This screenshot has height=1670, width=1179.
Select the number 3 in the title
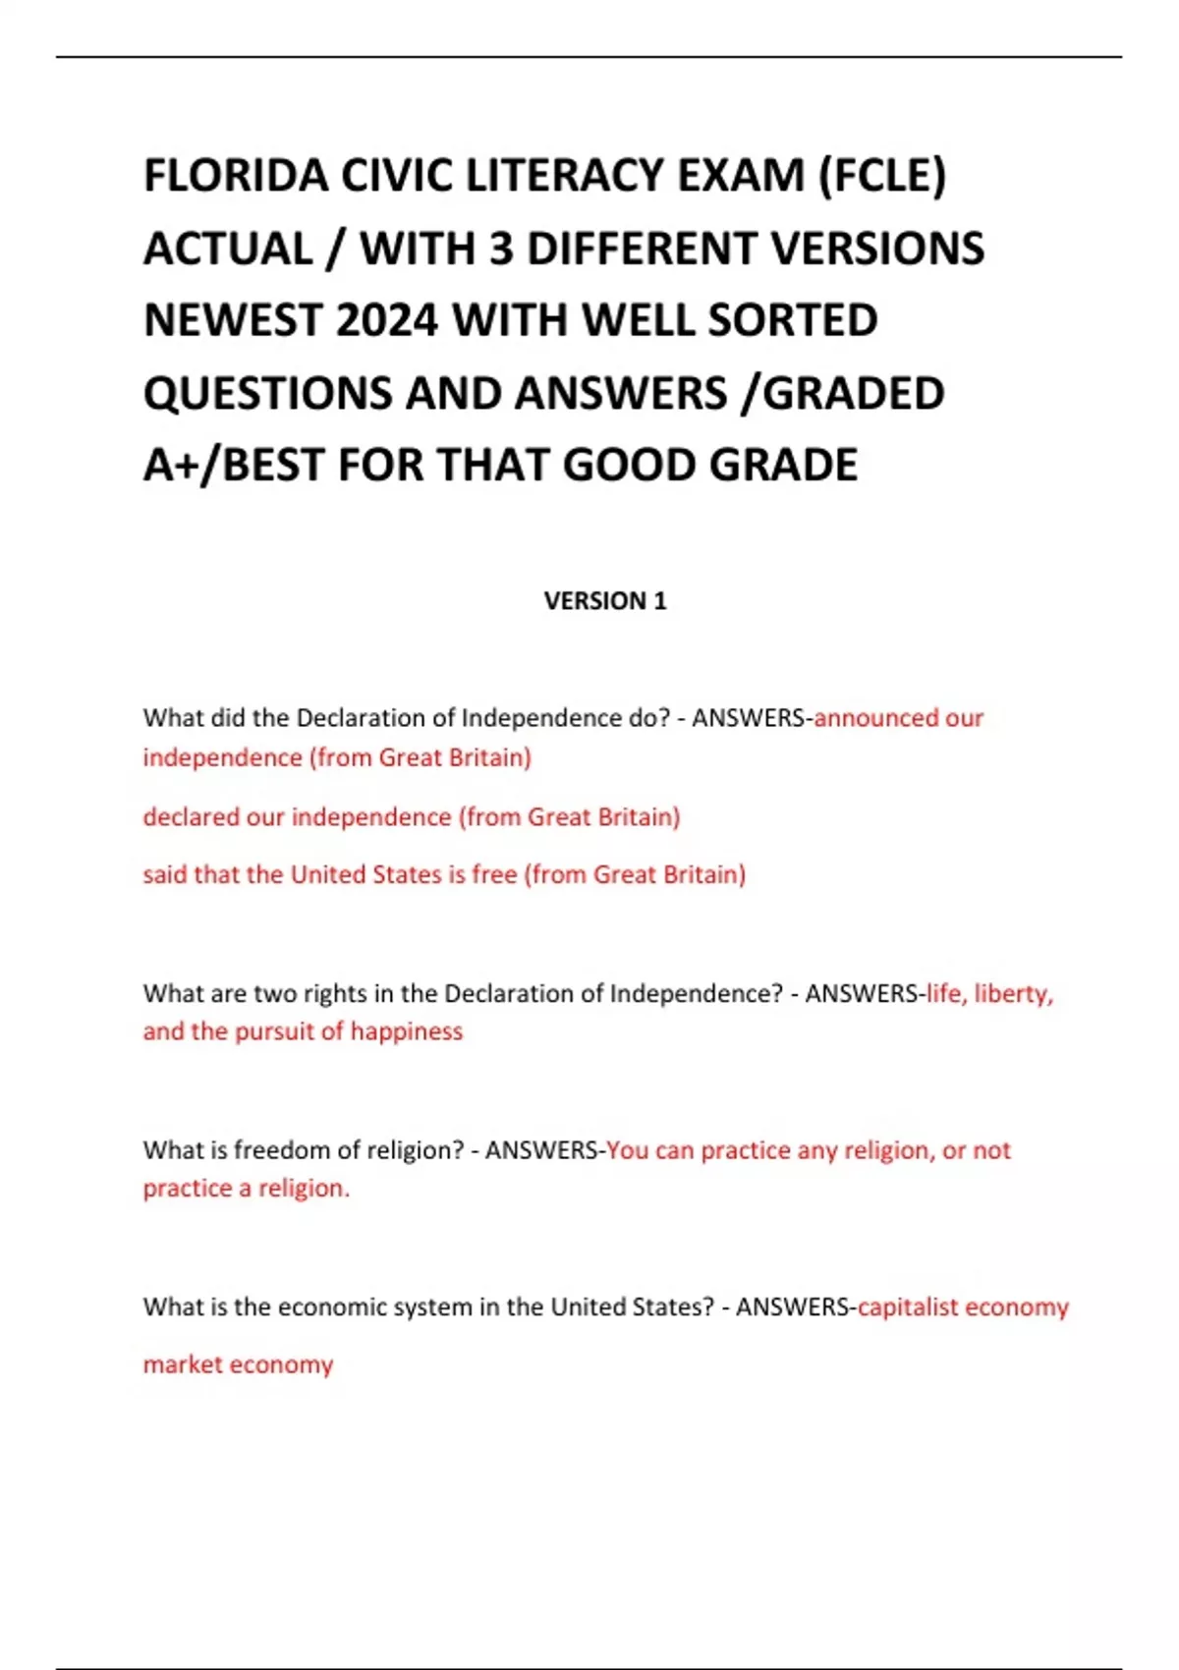501,249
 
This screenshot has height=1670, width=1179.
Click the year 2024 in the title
387,320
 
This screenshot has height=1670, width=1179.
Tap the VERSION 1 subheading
605,601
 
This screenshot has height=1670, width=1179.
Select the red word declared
191,817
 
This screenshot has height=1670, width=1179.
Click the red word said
165,874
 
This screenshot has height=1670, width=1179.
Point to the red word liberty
1013,993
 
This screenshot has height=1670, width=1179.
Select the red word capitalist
907,1308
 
